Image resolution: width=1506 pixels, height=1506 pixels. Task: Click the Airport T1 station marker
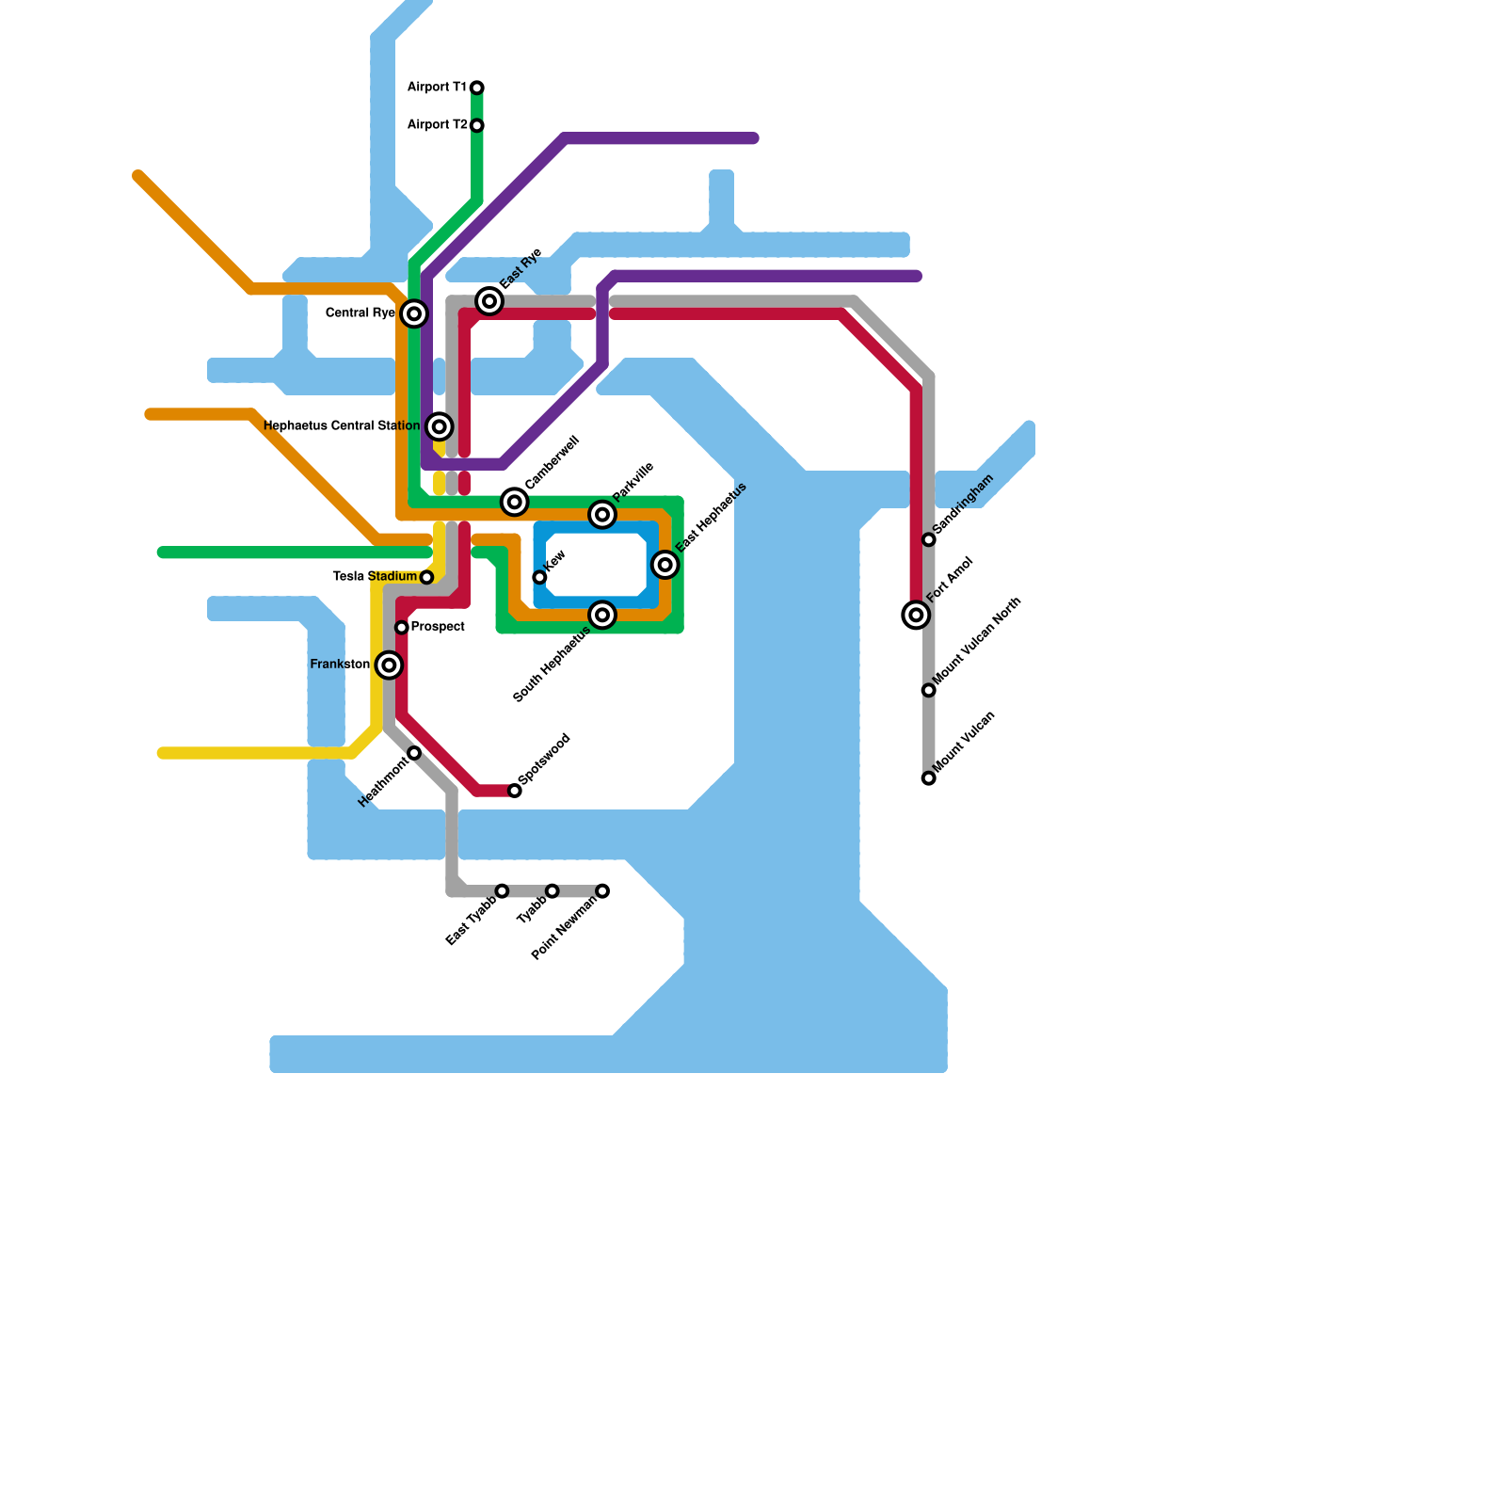(477, 88)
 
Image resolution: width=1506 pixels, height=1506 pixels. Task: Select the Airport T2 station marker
(477, 125)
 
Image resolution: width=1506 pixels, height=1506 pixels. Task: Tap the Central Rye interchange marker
(414, 313)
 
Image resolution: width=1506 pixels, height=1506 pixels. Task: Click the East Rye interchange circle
(489, 301)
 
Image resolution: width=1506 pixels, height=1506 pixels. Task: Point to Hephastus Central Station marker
(439, 426)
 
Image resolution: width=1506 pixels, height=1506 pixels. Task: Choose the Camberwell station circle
(514, 502)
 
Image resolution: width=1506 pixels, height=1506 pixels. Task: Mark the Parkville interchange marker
(602, 514)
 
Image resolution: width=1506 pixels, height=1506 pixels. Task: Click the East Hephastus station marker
(665, 565)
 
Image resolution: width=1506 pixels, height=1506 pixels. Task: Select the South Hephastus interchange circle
(602, 615)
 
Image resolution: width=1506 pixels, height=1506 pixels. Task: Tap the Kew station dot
(539, 577)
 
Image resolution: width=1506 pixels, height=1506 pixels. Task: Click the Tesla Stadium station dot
(426, 577)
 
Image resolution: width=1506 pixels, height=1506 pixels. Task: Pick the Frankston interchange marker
(389, 665)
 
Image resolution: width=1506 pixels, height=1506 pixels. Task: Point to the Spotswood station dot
(515, 791)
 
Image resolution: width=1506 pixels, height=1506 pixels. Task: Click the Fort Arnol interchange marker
(916, 615)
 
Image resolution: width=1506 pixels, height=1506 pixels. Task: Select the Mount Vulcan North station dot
(929, 690)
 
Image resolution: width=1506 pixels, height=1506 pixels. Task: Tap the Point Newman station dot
(602, 890)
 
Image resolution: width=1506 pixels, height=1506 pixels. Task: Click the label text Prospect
(438, 627)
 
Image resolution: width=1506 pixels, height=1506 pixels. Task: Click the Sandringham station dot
(929, 539)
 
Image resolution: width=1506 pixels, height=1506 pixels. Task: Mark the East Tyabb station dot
(502, 890)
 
